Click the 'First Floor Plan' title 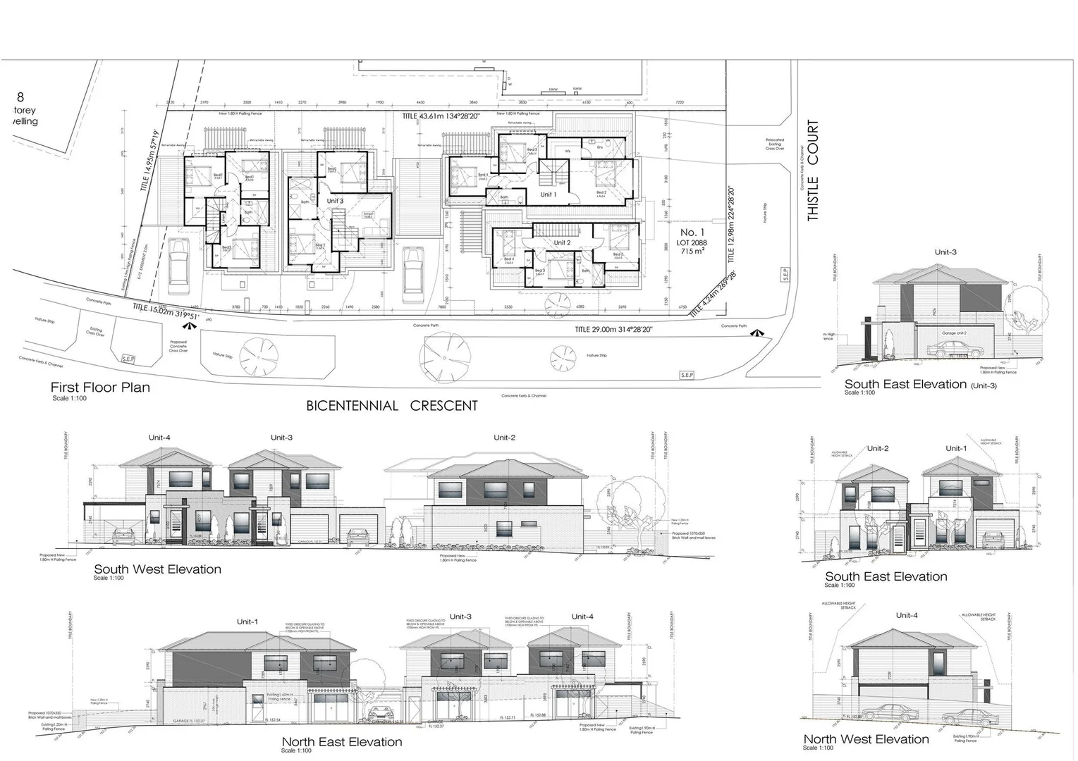pos(100,388)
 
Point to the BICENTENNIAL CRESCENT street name pos(392,406)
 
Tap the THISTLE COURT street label pos(813,171)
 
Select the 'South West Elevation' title pos(157,569)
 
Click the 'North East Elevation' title pos(342,742)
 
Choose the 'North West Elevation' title pos(866,739)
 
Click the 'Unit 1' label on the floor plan pos(549,194)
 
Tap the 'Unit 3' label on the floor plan pos(335,201)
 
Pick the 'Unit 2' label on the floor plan pos(562,242)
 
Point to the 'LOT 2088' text pos(692,242)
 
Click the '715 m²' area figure pos(691,252)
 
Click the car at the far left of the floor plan pos(179,261)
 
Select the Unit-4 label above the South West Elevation pos(159,438)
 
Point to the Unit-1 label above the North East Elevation pos(247,622)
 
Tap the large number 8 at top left pos(20,97)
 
